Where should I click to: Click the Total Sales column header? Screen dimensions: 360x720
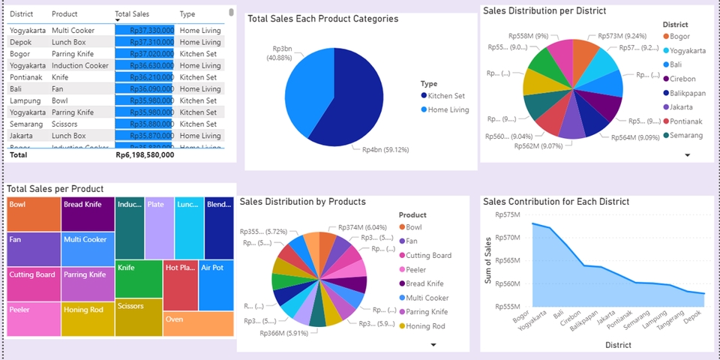pos(132,14)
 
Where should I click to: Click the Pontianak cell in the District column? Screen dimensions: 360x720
pos(27,77)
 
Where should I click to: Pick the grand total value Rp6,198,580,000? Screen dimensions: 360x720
pos(145,155)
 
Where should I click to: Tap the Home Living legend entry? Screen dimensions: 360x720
pos(448,109)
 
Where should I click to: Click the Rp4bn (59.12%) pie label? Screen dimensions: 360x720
pos(385,149)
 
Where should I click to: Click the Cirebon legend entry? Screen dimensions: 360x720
pos(682,79)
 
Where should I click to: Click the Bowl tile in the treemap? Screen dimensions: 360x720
pos(34,214)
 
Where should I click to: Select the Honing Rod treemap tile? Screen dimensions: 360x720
pos(88,319)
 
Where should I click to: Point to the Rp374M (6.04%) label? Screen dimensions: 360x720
pos(362,227)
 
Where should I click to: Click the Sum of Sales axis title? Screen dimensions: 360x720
pos(488,259)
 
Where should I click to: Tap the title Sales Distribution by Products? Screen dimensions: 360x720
pos(302,202)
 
